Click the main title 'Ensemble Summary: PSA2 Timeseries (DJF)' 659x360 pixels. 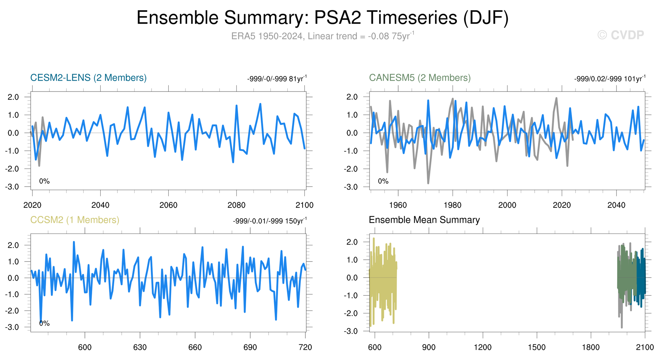click(x=323, y=17)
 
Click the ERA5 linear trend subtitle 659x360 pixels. click(x=323, y=36)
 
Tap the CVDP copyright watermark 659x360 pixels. click(x=620, y=35)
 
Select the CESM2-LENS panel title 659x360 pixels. click(x=88, y=78)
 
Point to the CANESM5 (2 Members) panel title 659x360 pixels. click(x=420, y=78)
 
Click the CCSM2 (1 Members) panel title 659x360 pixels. click(x=75, y=220)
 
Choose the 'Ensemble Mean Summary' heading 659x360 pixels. click(x=424, y=220)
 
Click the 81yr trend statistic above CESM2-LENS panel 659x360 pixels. click(x=277, y=79)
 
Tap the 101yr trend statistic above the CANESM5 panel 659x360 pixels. click(x=610, y=79)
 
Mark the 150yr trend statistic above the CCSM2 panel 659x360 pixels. click(x=270, y=221)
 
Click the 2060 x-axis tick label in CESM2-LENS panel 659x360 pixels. click(x=168, y=205)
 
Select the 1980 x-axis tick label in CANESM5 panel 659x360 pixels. click(x=452, y=205)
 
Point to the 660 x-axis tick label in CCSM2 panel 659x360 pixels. click(x=195, y=347)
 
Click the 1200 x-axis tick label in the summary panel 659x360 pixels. click(x=483, y=347)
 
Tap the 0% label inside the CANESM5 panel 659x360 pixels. click(x=383, y=181)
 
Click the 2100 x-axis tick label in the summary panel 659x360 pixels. click(x=645, y=347)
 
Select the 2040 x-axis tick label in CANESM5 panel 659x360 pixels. click(x=616, y=205)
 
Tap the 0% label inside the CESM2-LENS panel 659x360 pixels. click(x=44, y=181)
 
